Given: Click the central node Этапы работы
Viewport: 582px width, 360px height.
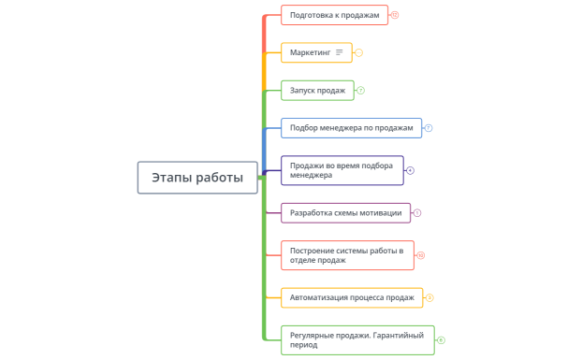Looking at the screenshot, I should click(197, 178).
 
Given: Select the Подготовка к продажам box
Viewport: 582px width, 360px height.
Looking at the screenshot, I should click(334, 15).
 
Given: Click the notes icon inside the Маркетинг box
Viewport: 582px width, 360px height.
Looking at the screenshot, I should click(340, 52).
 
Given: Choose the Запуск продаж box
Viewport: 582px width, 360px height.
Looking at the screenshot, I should click(318, 90).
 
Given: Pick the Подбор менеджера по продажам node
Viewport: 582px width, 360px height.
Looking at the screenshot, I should click(351, 128).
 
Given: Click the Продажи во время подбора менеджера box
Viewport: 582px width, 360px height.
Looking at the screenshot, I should click(342, 170).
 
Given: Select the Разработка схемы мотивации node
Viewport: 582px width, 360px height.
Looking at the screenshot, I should click(345, 212).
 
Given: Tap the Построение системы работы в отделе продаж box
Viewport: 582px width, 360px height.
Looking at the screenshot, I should click(346, 255).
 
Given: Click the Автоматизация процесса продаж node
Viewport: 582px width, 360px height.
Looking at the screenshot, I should click(352, 297).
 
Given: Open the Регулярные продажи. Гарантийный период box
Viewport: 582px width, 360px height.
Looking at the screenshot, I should click(356, 340).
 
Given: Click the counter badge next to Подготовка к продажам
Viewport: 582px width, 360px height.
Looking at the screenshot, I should click(395, 15).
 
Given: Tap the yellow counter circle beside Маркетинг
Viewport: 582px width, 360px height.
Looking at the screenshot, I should click(359, 52).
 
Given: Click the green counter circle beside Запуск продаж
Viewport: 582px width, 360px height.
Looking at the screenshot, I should click(361, 90).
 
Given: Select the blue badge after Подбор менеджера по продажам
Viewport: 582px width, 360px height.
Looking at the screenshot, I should click(429, 128).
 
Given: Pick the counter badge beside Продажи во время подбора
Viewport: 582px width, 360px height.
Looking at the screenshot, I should click(410, 170).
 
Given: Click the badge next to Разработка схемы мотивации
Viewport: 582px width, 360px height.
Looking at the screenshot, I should click(417, 212).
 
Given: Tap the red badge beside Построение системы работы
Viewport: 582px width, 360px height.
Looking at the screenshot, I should click(421, 255).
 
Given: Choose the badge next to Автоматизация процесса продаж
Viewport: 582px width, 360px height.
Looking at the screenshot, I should click(429, 297).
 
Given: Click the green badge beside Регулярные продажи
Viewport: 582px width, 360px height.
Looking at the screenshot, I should click(441, 340).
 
